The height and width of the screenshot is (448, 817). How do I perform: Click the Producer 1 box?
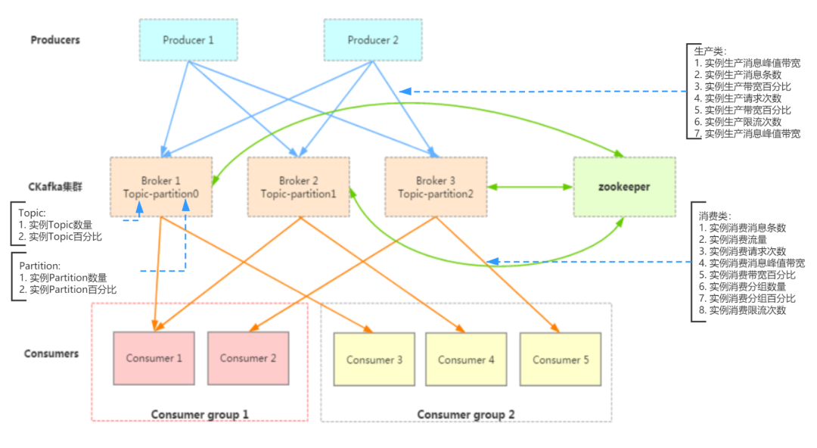pos(188,40)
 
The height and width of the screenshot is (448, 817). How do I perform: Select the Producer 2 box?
pos(373,40)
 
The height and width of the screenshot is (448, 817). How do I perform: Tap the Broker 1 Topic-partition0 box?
pos(161,187)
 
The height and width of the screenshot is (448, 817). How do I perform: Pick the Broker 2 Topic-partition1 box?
pos(299,187)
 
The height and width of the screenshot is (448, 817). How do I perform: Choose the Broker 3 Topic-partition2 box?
pos(436,187)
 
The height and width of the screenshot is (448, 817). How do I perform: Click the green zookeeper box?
pos(624,187)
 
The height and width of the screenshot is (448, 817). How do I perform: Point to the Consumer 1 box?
pos(154,358)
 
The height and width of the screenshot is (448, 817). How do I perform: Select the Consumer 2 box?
pos(248,358)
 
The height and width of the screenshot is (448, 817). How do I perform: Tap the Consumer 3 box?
pos(374,359)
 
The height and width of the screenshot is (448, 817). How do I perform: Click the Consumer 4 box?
pos(466,359)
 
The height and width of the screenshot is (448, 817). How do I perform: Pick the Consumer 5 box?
pos(561,359)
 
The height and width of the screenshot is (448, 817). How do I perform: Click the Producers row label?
pos(55,40)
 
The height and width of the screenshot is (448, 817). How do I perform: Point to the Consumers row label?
pos(51,353)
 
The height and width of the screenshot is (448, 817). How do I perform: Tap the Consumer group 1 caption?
pos(200,414)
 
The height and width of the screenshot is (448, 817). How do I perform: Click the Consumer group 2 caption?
pos(466,414)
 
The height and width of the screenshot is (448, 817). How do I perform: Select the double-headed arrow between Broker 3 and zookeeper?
pos(530,186)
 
